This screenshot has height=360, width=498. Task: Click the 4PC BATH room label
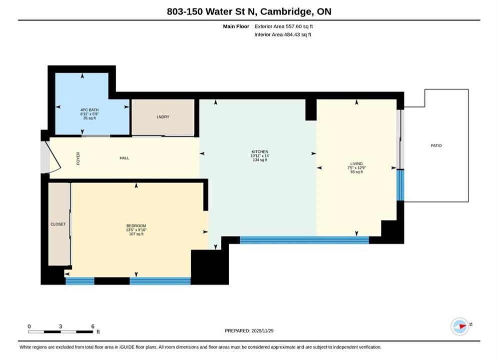(89, 109)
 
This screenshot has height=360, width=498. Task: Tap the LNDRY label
(163, 117)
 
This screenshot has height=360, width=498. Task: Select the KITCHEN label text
(260, 151)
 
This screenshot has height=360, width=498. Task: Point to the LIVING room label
(356, 163)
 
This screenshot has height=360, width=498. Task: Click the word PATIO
(436, 145)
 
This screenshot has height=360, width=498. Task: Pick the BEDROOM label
(136, 226)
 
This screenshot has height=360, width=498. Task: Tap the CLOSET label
(58, 224)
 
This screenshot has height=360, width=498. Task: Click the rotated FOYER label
(78, 158)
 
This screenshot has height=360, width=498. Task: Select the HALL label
(125, 158)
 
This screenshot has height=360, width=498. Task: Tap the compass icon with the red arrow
(460, 326)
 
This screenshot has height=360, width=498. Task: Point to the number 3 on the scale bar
(61, 326)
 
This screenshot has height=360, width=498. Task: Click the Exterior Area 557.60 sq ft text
(284, 26)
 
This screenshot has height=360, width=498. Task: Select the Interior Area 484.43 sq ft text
(283, 34)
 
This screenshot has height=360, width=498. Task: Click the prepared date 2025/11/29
(262, 331)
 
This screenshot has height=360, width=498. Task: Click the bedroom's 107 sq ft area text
(136, 234)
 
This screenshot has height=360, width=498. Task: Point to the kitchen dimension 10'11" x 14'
(260, 155)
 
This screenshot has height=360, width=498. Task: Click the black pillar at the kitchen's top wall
(311, 109)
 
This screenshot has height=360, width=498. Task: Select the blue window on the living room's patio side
(400, 185)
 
